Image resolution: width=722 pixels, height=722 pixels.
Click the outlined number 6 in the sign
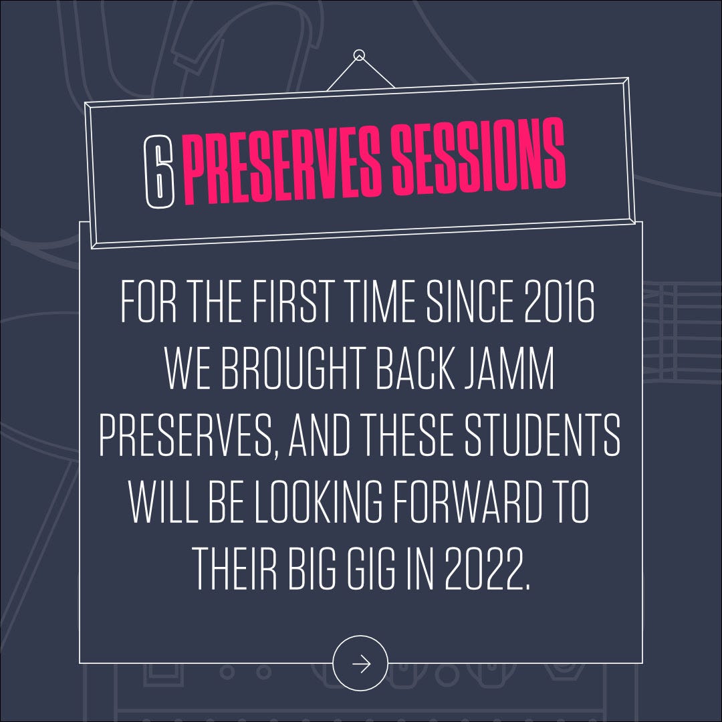[160, 172]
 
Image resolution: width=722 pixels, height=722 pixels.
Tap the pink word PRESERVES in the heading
[283, 164]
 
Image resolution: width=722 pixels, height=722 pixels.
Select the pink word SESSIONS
[479, 156]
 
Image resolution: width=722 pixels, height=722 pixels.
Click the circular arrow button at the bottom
[360, 664]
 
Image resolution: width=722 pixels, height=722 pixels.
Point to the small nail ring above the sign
[359, 55]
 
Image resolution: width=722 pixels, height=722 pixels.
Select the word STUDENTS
[542, 435]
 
